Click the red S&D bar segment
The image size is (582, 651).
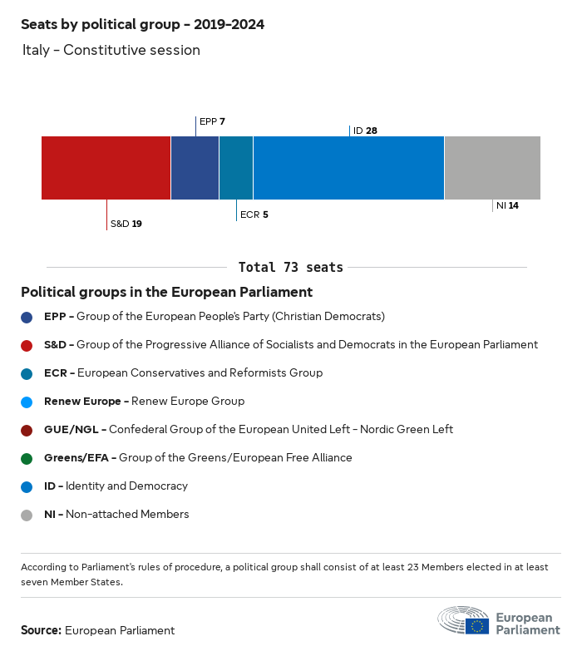(x=106, y=168)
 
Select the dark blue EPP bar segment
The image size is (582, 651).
(x=195, y=168)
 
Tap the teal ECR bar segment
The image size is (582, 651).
(x=236, y=168)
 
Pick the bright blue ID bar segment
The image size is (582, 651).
(x=348, y=168)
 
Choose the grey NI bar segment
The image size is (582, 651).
(x=492, y=168)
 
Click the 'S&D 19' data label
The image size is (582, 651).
(x=126, y=224)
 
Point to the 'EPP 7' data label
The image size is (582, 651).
(x=213, y=121)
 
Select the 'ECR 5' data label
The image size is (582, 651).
(x=254, y=215)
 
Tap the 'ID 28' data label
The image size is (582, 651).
(x=365, y=131)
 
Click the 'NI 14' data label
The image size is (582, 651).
(x=507, y=205)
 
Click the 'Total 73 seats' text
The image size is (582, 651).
(x=290, y=267)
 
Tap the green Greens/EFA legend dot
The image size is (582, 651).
(x=27, y=458)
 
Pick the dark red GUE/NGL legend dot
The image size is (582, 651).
(x=27, y=430)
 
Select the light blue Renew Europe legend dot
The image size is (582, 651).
(x=27, y=402)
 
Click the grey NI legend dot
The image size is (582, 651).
(x=27, y=515)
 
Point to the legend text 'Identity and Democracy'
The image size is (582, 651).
(x=133, y=486)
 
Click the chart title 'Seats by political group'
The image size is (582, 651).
(x=142, y=24)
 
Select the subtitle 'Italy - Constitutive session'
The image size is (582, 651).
(x=111, y=50)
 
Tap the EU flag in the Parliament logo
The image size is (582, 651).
(x=477, y=625)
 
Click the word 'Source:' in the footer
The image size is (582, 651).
(x=41, y=630)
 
